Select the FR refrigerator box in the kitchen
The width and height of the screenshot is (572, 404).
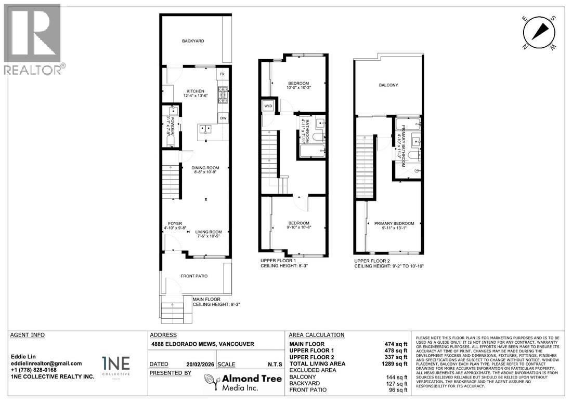[x=223, y=74]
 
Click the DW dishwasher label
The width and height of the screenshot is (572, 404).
[x=223, y=118]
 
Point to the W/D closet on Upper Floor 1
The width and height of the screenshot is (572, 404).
[x=268, y=105]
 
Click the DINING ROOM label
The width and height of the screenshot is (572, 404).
[x=205, y=168]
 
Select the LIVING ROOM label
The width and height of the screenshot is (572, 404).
[x=209, y=232]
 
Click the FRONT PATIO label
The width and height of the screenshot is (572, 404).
[x=194, y=276]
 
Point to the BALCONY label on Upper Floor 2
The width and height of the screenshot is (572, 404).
[x=388, y=85]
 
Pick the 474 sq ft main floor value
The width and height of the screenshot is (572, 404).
[x=396, y=344]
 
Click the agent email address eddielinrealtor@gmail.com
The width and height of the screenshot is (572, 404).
[x=46, y=363]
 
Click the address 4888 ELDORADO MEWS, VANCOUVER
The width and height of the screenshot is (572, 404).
[x=202, y=344]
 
